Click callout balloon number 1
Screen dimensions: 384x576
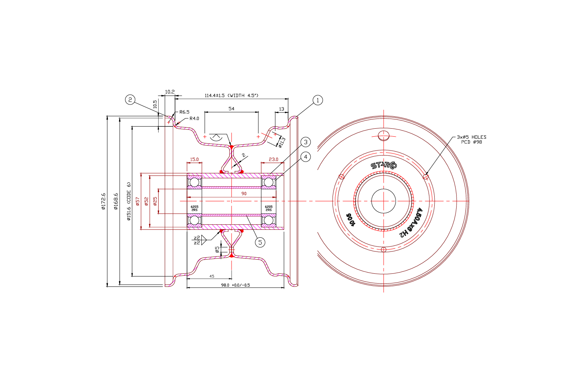[x=318, y=100]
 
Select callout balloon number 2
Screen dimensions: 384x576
[x=130, y=100]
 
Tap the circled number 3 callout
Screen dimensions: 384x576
[x=306, y=142]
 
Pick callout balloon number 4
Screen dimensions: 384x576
[x=306, y=157]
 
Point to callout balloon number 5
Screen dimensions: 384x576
[x=260, y=242]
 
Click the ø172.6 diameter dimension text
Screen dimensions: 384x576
[x=103, y=202]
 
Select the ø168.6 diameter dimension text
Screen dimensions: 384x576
[x=116, y=202]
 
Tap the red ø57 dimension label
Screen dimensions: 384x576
[x=137, y=201]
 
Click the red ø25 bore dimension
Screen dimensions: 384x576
[x=155, y=201]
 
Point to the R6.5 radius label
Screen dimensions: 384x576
[x=184, y=112]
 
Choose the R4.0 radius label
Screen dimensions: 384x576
[x=194, y=119]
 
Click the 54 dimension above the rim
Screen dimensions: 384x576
[x=231, y=109]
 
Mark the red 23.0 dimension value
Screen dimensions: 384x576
[x=273, y=159]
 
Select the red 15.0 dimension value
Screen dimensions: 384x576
[x=194, y=159]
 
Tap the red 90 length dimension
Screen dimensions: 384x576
[x=244, y=194]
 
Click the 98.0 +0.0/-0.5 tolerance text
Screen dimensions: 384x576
[x=235, y=285]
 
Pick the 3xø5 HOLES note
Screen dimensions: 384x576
[x=471, y=137]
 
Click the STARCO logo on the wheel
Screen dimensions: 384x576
[x=384, y=166]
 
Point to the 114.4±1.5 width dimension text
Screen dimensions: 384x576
[x=231, y=96]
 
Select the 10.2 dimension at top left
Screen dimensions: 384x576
[x=170, y=92]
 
